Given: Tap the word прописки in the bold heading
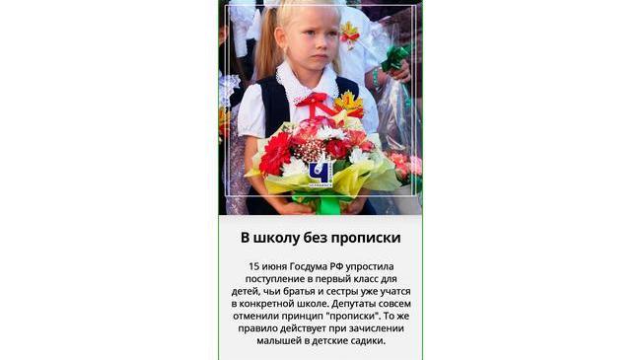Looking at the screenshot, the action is [364, 238].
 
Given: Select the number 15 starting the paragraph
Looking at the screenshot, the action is [255, 266].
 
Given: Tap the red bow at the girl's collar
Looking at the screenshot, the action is [315, 102].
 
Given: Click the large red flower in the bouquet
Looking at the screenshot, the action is [276, 154].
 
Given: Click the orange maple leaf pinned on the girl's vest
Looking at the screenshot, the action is [348, 102].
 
